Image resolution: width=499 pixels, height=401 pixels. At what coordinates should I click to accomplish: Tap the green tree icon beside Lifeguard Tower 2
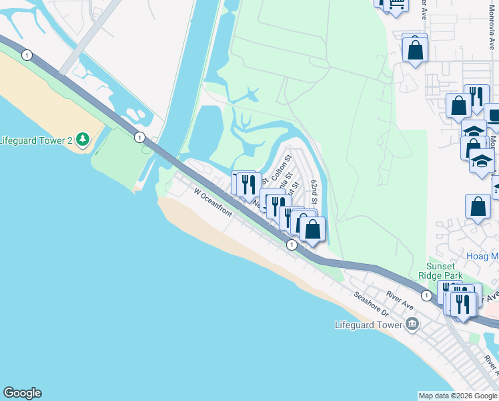tap(83, 140)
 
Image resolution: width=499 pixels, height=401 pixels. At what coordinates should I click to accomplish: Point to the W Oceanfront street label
tap(213, 203)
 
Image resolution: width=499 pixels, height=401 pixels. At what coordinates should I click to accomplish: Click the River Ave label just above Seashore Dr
tap(400, 299)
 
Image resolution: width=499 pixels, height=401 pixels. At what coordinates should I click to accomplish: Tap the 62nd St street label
tap(314, 192)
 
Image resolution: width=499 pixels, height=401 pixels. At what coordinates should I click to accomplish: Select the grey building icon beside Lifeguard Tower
tap(412, 325)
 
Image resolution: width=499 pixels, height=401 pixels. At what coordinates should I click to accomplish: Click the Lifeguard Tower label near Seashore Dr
tap(369, 325)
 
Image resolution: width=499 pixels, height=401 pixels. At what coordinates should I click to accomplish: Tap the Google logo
tap(22, 393)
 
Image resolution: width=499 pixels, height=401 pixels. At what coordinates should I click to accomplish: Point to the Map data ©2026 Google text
tap(458, 396)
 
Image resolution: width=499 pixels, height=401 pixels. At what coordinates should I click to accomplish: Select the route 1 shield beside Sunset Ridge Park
tap(426, 295)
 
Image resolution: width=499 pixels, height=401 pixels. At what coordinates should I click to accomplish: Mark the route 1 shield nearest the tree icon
tap(139, 138)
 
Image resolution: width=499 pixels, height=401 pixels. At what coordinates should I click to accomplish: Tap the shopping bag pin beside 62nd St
tap(312, 229)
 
